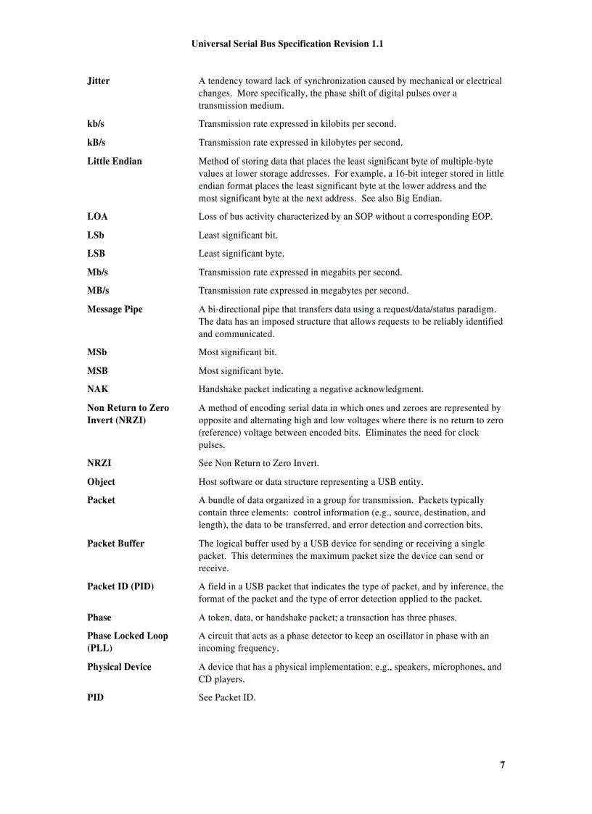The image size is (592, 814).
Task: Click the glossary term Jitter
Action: [99, 81]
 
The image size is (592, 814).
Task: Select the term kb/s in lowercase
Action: [96, 124]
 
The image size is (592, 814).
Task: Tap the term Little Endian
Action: [115, 161]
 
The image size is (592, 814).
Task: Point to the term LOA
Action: [97, 217]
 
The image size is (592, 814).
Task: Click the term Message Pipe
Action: [115, 310]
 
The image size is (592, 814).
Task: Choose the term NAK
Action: [98, 389]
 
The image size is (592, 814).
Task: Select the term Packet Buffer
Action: [115, 544]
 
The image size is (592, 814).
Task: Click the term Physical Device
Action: [119, 667]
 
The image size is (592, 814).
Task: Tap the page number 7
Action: [502, 765]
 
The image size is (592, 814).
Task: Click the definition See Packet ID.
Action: [227, 698]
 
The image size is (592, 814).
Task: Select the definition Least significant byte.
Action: [242, 254]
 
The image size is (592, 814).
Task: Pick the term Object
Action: [101, 482]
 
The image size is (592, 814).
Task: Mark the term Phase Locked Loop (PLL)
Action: [127, 642]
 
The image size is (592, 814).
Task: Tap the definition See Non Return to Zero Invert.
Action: [259, 463]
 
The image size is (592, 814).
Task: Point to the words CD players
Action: [222, 680]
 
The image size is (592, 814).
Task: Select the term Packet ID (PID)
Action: [120, 586]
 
